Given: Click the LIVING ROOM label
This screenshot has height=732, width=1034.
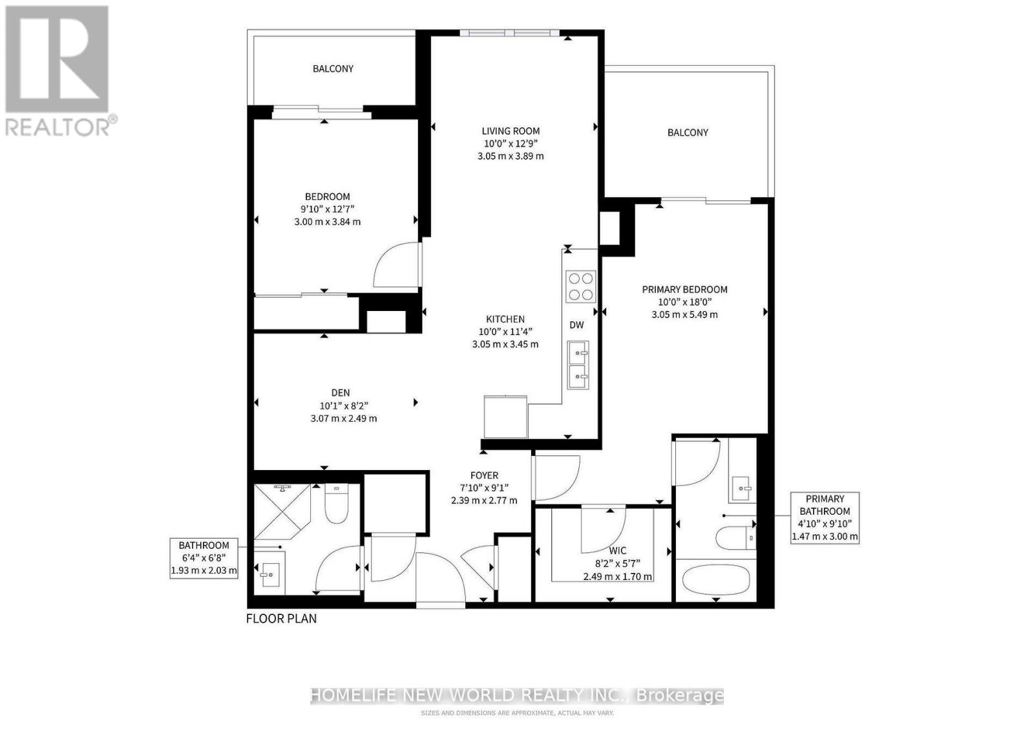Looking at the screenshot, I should tap(510, 131).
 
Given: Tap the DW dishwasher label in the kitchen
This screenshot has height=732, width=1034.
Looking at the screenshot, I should tap(576, 325).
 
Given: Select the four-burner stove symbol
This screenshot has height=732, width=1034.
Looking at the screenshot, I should tap(580, 286).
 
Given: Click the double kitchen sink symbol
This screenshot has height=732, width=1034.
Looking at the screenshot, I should tap(578, 365).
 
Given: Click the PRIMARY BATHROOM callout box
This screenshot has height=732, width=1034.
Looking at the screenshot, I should tap(825, 517).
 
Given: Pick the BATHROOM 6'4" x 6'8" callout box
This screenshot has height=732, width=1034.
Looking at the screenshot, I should tap(204, 558).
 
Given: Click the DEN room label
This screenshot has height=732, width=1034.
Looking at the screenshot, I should tap(340, 393).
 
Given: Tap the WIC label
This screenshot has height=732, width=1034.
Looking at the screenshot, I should tap(617, 551).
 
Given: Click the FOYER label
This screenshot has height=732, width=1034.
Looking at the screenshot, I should tap(483, 475).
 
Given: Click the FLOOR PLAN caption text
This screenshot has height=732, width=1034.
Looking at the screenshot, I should tap(281, 619).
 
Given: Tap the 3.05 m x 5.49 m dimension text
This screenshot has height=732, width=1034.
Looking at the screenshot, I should tap(684, 315).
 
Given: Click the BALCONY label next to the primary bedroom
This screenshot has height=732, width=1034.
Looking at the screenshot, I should tap(688, 133).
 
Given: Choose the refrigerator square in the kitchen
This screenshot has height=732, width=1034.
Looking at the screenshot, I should tap(505, 417).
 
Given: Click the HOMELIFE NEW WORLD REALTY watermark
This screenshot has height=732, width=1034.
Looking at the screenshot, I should tap(517, 696).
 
